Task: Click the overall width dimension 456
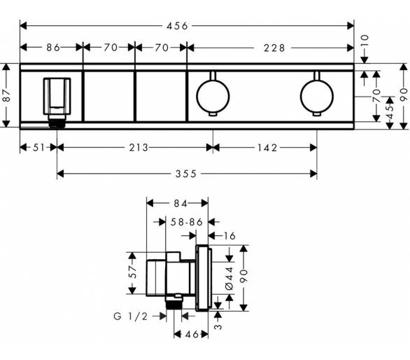pos(177,26)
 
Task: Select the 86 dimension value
pos(53,48)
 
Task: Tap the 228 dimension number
pos(274,48)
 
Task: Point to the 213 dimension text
pos(139,148)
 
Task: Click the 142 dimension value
pos(267,148)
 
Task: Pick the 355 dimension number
pos(186,174)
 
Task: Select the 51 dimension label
pos(39,148)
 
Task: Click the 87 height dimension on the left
pos(6,95)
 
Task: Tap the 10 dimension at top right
pos(365,41)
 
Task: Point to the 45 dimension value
pos(390,112)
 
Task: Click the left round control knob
pos(213,96)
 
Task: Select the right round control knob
pos(317,96)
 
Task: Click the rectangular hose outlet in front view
pos(57,96)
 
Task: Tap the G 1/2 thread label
pos(131,317)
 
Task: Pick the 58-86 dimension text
pos(187,222)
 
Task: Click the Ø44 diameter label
pos(229,278)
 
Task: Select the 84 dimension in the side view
pos(181,203)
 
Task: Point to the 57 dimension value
pos(132,272)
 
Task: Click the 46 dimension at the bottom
pos(192,334)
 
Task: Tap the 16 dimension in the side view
pos(230,236)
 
